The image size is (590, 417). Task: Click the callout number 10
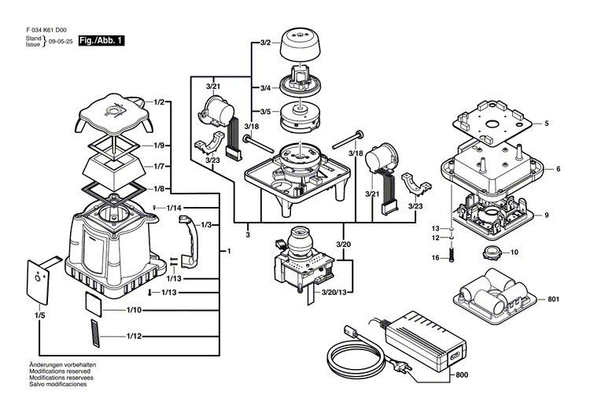click(514, 253)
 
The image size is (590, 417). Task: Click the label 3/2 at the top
click(265, 42)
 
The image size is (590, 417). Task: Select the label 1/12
click(134, 336)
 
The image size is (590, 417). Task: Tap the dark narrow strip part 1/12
click(95, 334)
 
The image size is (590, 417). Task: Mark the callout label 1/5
click(39, 316)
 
